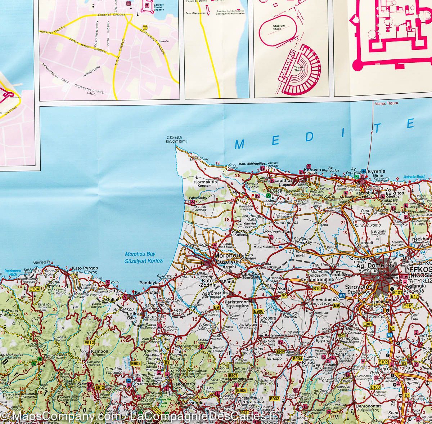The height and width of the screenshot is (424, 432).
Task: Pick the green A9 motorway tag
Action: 342,295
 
